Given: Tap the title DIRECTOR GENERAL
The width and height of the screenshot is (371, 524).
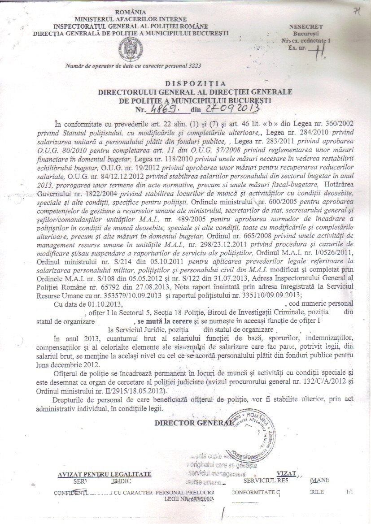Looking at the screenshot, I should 193,423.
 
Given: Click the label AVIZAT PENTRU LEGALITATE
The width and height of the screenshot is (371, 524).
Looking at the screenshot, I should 105,474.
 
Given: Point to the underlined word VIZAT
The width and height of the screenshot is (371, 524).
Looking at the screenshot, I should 287,473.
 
